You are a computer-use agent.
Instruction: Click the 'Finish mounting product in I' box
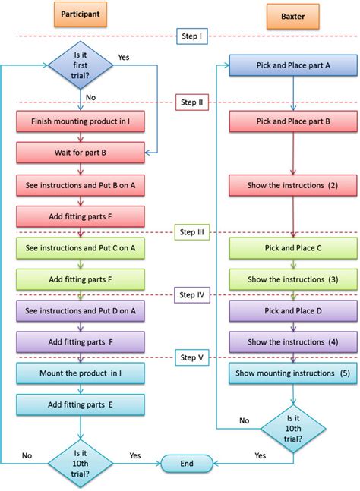tap(80, 121)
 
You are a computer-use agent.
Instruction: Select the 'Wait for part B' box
tap(80, 153)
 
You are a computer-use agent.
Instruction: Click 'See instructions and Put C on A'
tap(80, 247)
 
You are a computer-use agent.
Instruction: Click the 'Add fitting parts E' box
tap(80, 404)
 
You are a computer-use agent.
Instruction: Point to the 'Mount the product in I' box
tap(80, 373)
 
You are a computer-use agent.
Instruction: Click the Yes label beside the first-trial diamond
tap(125, 57)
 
